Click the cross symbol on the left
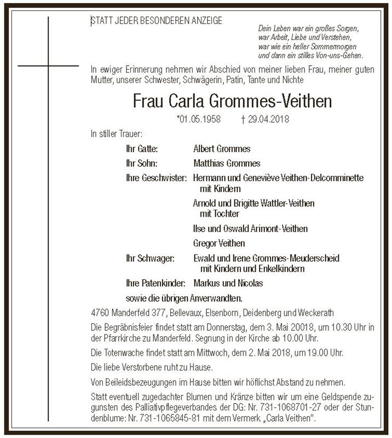coord(48,66)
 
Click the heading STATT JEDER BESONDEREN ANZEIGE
coord(157,21)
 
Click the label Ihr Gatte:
coord(142,149)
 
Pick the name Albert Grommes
coord(222,149)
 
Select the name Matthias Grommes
coord(227,164)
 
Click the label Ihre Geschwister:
coord(157,178)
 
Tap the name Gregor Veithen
coord(219,243)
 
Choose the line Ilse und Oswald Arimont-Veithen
coord(250,228)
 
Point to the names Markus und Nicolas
coord(228,283)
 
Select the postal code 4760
coord(100,313)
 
